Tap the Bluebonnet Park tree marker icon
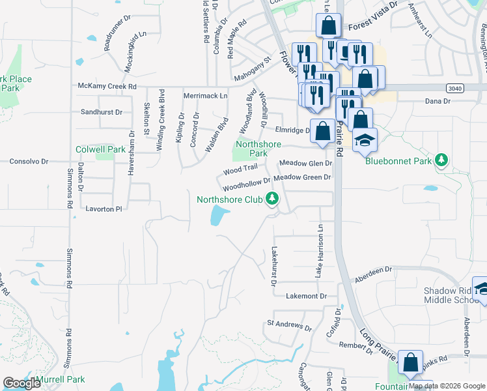click(442, 160)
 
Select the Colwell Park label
click(100, 149)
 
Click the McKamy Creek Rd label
click(107, 86)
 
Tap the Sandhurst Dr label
click(101, 112)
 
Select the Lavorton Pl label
click(104, 209)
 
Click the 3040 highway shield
click(454, 87)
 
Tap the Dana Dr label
click(438, 101)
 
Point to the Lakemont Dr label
click(306, 296)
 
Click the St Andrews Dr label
click(285, 324)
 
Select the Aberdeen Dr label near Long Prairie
click(374, 274)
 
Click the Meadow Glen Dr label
click(305, 164)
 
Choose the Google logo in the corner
click(22, 383)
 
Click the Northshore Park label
click(251, 149)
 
